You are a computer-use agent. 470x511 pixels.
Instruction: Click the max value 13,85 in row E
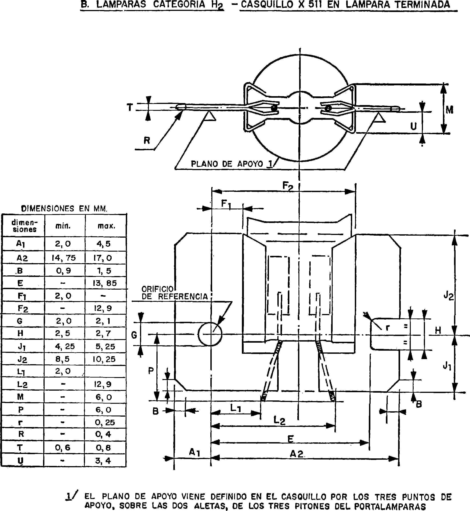[105, 283]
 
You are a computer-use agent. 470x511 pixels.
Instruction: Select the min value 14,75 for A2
[64, 258]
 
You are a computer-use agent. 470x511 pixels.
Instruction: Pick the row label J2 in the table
[22, 359]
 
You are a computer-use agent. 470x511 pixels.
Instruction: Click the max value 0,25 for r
[105, 422]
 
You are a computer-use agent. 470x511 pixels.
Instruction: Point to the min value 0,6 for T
[63, 448]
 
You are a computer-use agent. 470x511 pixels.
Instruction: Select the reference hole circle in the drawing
[210, 334]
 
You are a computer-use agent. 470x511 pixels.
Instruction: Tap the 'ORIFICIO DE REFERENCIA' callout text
[174, 293]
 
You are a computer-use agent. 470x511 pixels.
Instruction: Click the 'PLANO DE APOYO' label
[227, 164]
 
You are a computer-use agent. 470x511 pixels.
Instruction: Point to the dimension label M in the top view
[450, 110]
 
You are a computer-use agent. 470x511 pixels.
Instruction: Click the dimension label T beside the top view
[130, 108]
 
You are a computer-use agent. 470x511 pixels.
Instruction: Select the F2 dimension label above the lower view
[288, 186]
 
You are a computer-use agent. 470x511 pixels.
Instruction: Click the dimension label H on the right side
[438, 331]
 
